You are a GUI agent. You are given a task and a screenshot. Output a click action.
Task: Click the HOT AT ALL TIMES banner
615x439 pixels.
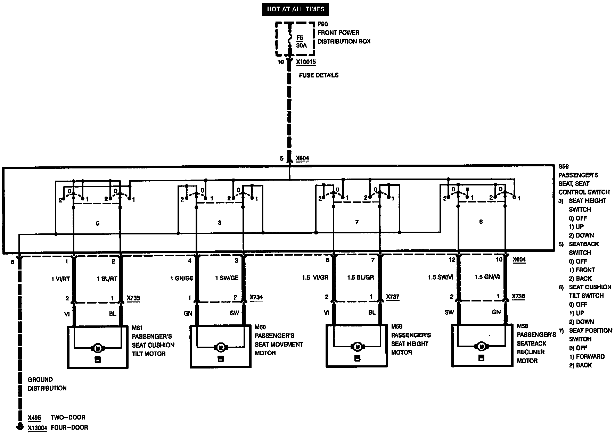click(x=295, y=9)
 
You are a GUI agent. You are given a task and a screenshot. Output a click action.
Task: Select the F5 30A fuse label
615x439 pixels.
click(x=300, y=41)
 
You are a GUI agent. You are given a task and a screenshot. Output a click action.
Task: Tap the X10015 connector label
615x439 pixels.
click(x=306, y=62)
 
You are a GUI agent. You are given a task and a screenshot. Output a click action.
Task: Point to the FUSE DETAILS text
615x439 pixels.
click(x=319, y=75)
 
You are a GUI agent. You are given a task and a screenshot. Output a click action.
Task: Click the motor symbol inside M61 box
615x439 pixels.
click(x=98, y=348)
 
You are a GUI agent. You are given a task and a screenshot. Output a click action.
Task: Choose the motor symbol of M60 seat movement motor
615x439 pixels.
click(x=220, y=347)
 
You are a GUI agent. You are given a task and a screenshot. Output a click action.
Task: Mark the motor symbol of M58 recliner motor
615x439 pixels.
click(x=482, y=346)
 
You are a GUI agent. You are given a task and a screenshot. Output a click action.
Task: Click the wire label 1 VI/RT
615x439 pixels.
click(x=60, y=279)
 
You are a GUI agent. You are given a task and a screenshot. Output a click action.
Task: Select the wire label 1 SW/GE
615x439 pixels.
click(x=227, y=278)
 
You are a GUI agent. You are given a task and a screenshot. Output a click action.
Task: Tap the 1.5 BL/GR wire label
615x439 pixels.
click(x=360, y=278)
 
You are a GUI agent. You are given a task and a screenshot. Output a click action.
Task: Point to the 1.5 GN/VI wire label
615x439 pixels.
click(x=487, y=277)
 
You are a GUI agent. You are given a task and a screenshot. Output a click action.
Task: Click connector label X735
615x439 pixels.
click(x=133, y=298)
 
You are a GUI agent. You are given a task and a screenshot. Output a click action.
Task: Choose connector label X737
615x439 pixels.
click(x=393, y=297)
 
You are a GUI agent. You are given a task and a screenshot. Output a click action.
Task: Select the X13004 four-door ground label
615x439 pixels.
click(x=37, y=428)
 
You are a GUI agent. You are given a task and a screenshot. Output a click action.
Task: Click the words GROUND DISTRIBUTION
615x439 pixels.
click(x=47, y=384)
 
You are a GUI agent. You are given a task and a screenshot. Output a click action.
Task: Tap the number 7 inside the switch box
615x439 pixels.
click(x=356, y=222)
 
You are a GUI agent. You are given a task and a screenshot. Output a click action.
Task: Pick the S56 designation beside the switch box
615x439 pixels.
click(x=563, y=167)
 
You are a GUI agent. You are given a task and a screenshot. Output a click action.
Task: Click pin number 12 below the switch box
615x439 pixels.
click(x=452, y=259)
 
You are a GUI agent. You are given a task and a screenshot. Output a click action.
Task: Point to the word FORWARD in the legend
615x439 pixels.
click(x=590, y=357)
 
